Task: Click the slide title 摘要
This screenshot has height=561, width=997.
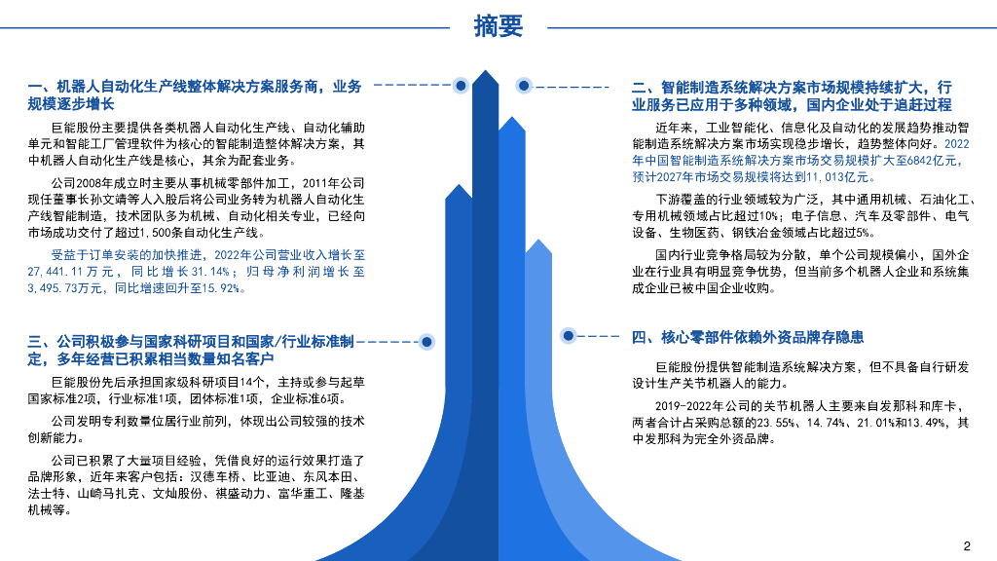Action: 498,26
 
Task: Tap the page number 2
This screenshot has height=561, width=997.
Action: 967,544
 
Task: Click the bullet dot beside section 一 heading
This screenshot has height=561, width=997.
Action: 462,86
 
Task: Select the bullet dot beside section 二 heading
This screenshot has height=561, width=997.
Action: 524,86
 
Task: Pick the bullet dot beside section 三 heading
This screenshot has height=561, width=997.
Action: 425,342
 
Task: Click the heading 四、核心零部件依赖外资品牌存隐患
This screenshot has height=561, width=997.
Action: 748,337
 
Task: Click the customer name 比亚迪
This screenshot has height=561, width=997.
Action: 276,476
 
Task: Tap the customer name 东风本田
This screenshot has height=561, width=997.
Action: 331,476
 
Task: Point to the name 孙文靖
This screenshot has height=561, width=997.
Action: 136,198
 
